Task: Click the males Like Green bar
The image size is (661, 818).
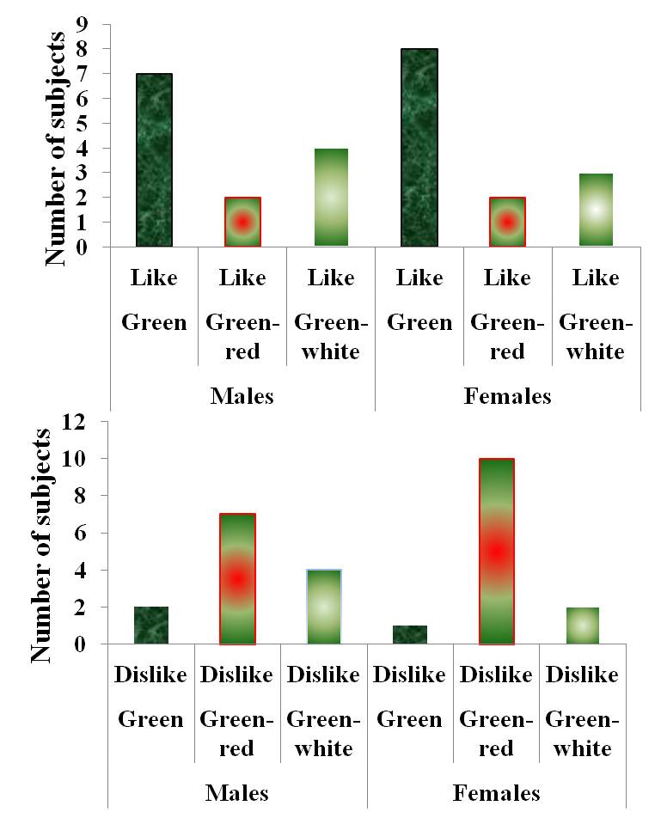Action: pos(154,161)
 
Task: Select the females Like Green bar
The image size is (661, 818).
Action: pos(419,148)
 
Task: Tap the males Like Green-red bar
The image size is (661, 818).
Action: pos(242,222)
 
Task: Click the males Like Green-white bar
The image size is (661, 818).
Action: pos(330,198)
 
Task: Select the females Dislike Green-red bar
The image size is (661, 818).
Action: pos(496,552)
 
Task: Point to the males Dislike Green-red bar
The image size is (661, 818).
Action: pos(236,579)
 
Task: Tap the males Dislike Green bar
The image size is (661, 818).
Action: pos(151,626)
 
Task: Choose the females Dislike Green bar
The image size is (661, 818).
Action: pos(409,635)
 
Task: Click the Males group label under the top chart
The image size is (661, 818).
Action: pos(242,396)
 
